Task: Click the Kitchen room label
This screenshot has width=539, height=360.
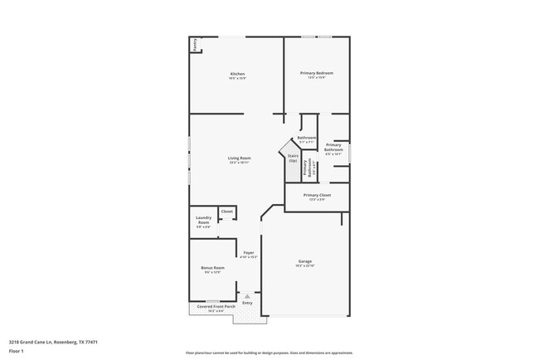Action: (x=237, y=74)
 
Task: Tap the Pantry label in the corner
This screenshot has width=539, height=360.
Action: (x=195, y=45)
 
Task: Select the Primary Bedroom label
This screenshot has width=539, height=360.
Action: (x=316, y=73)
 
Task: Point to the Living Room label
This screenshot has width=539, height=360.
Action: (x=240, y=158)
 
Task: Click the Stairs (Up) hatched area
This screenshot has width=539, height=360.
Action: (x=293, y=162)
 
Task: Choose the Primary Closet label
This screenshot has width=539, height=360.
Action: (x=317, y=195)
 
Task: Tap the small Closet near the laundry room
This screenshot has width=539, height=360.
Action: (x=226, y=212)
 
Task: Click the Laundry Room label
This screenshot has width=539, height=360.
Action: (x=203, y=221)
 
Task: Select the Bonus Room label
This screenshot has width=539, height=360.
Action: (x=212, y=268)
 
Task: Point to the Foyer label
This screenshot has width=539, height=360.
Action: (x=248, y=252)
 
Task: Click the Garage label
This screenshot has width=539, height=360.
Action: (x=305, y=261)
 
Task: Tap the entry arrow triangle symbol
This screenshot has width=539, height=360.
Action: (x=247, y=295)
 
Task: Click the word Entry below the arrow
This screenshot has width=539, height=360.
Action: (x=247, y=303)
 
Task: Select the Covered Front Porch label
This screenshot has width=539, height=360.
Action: (x=216, y=306)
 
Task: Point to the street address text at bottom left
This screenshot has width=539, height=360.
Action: (x=53, y=340)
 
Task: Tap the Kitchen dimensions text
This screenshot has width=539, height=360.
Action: (x=237, y=78)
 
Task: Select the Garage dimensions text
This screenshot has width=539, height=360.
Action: (x=305, y=265)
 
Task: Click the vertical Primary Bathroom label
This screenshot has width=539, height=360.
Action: (x=308, y=168)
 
